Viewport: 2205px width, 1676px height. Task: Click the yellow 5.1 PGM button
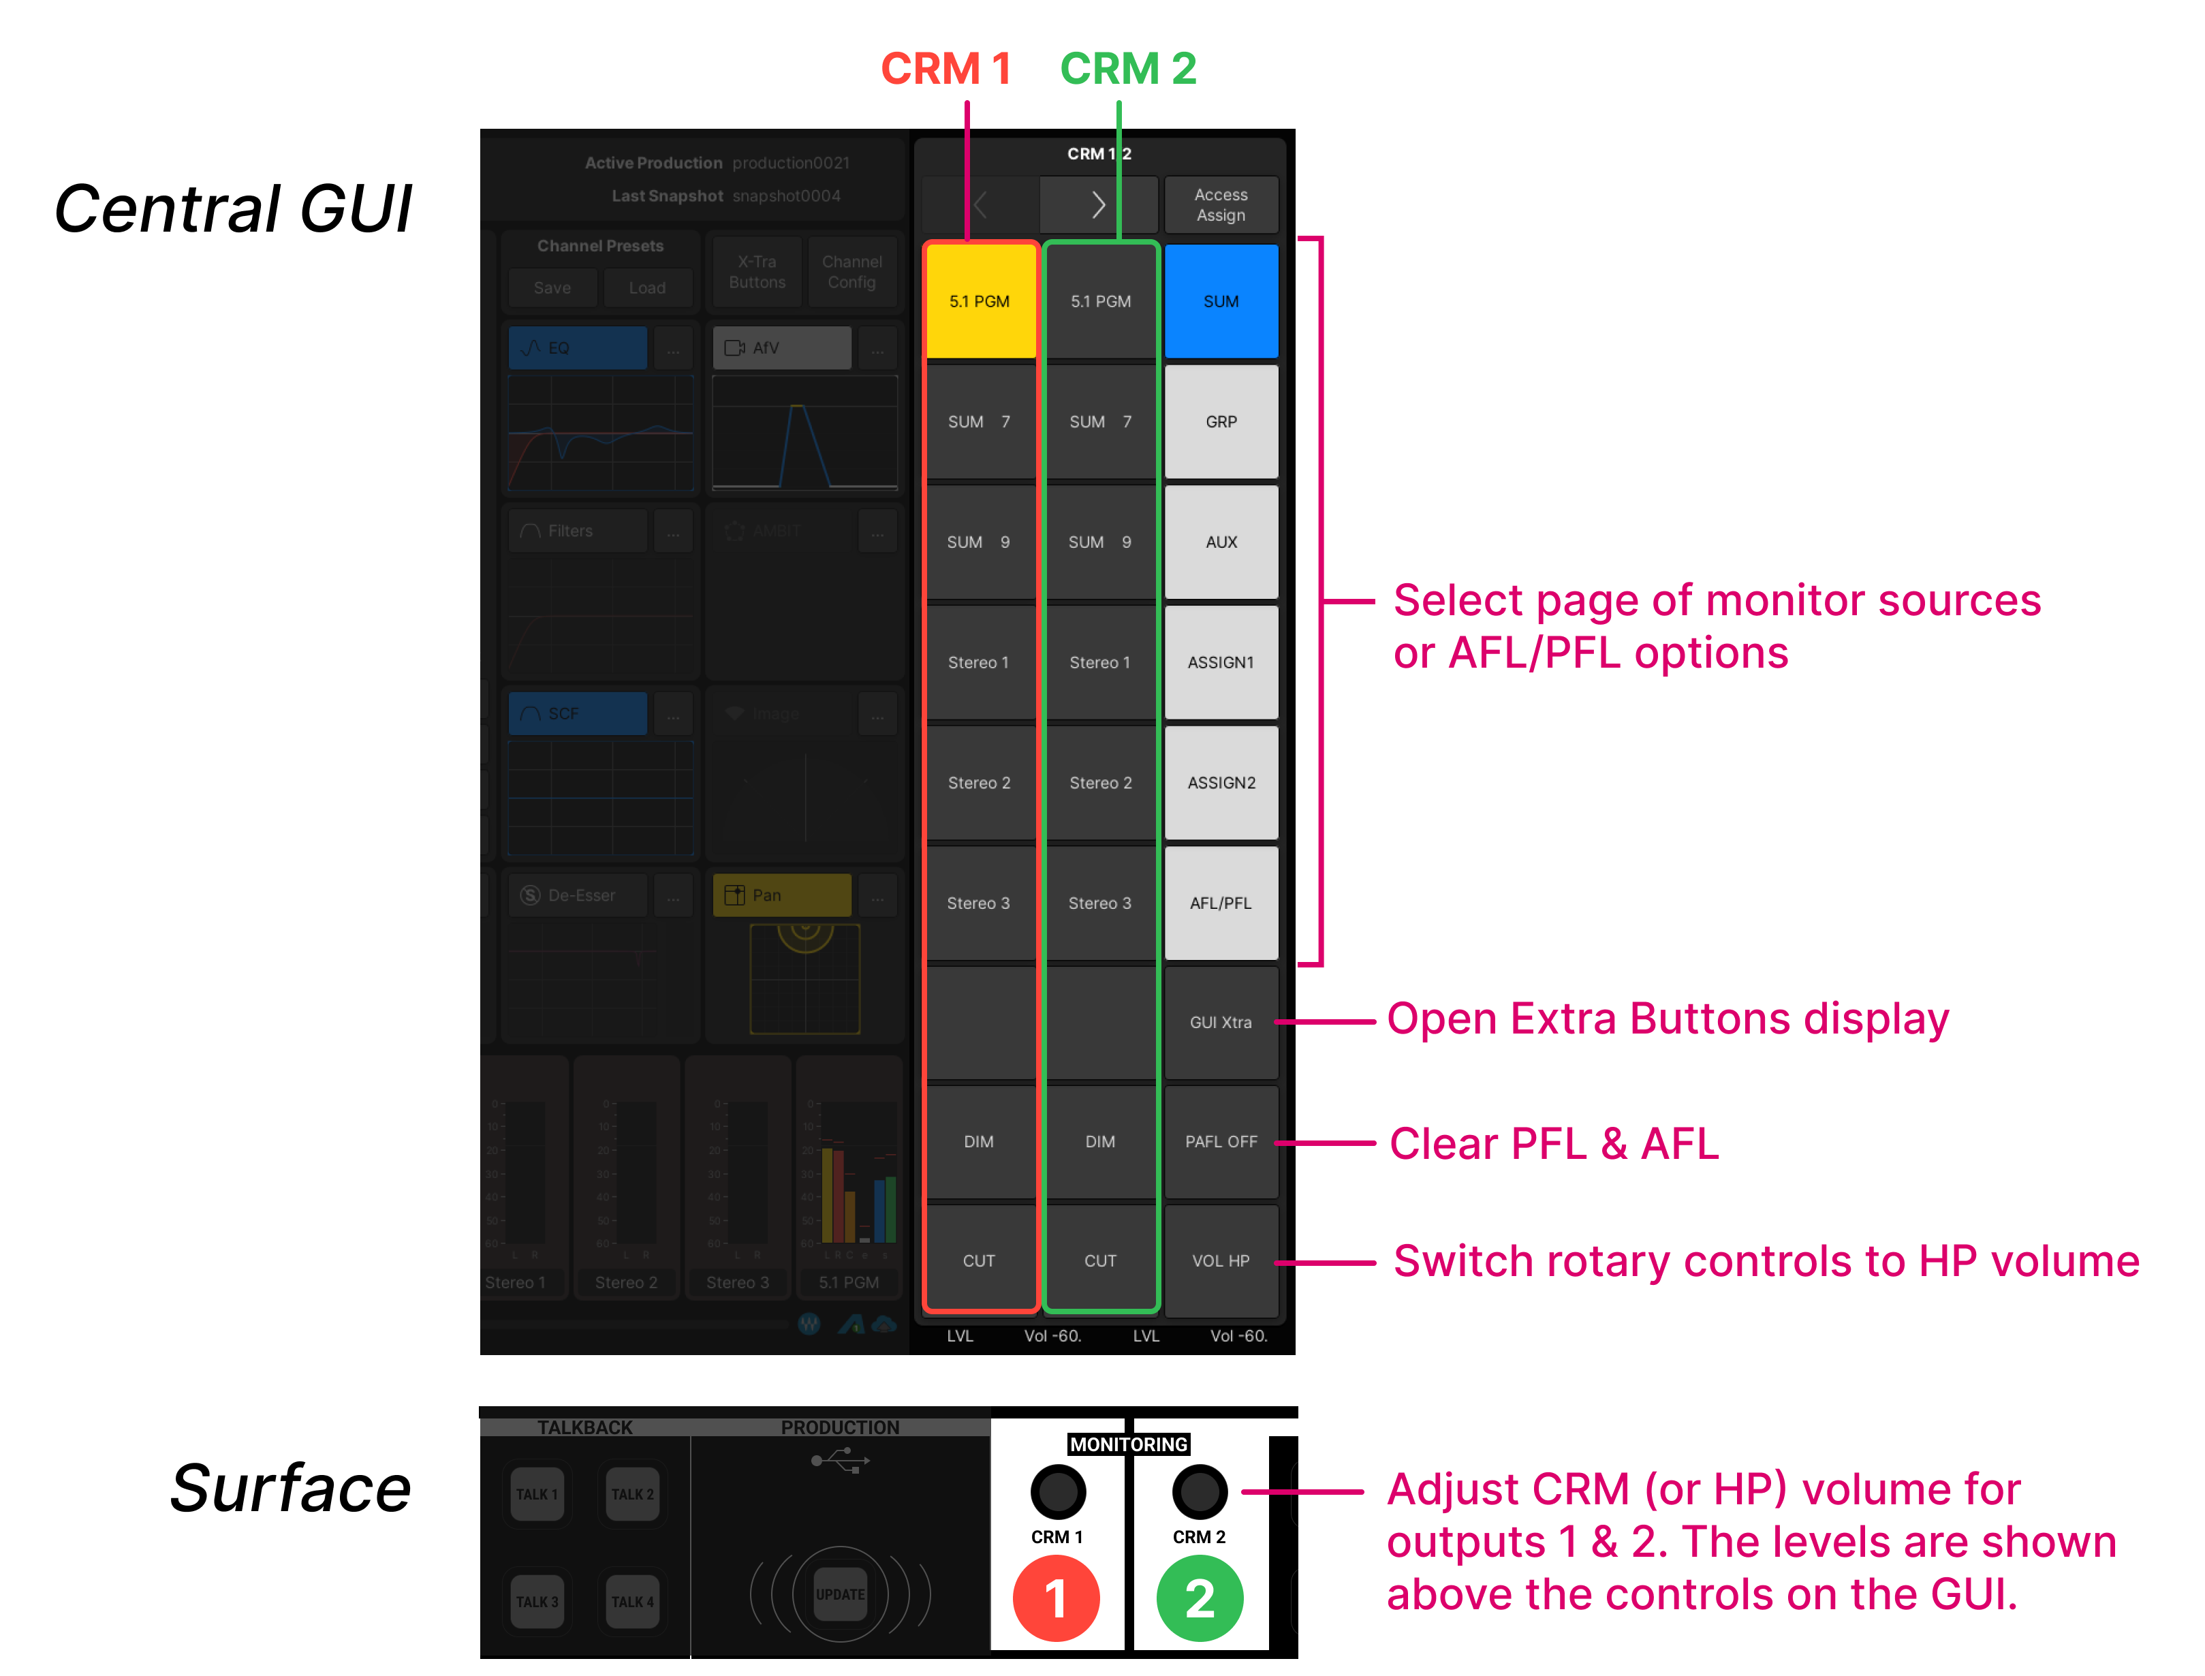(x=980, y=301)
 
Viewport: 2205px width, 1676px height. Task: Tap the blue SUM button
(x=1221, y=301)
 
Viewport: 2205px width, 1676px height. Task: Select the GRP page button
(x=1221, y=422)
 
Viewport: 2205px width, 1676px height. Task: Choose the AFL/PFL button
(x=1221, y=903)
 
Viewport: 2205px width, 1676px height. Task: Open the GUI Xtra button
(x=1221, y=1023)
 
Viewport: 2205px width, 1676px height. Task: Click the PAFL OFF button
(x=1221, y=1141)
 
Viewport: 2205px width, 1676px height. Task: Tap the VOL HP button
(x=1221, y=1261)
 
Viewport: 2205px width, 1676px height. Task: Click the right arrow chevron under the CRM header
(x=1098, y=204)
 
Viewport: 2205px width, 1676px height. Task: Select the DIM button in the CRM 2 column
(x=1100, y=1141)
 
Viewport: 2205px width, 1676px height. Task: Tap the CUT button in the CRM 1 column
(x=980, y=1261)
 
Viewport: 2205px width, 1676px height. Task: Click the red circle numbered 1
(x=1056, y=1598)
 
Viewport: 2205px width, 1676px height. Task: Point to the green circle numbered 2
(x=1200, y=1598)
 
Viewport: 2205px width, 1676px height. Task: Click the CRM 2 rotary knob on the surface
(x=1200, y=1491)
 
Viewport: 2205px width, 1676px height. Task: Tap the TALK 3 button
(x=537, y=1601)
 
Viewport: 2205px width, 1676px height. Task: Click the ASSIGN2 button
(x=1221, y=783)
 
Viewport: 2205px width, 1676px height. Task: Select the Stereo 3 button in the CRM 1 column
(x=980, y=903)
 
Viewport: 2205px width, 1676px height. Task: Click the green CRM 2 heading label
(x=1128, y=69)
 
